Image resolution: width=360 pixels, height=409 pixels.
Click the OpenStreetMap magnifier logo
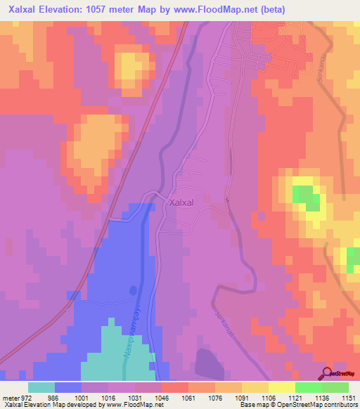[x=327, y=373]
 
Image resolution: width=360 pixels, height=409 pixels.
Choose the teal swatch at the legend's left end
[x=41, y=387]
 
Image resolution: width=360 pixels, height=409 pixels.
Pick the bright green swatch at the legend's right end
[x=335, y=387]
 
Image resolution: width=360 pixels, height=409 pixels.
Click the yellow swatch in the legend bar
[x=282, y=387]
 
